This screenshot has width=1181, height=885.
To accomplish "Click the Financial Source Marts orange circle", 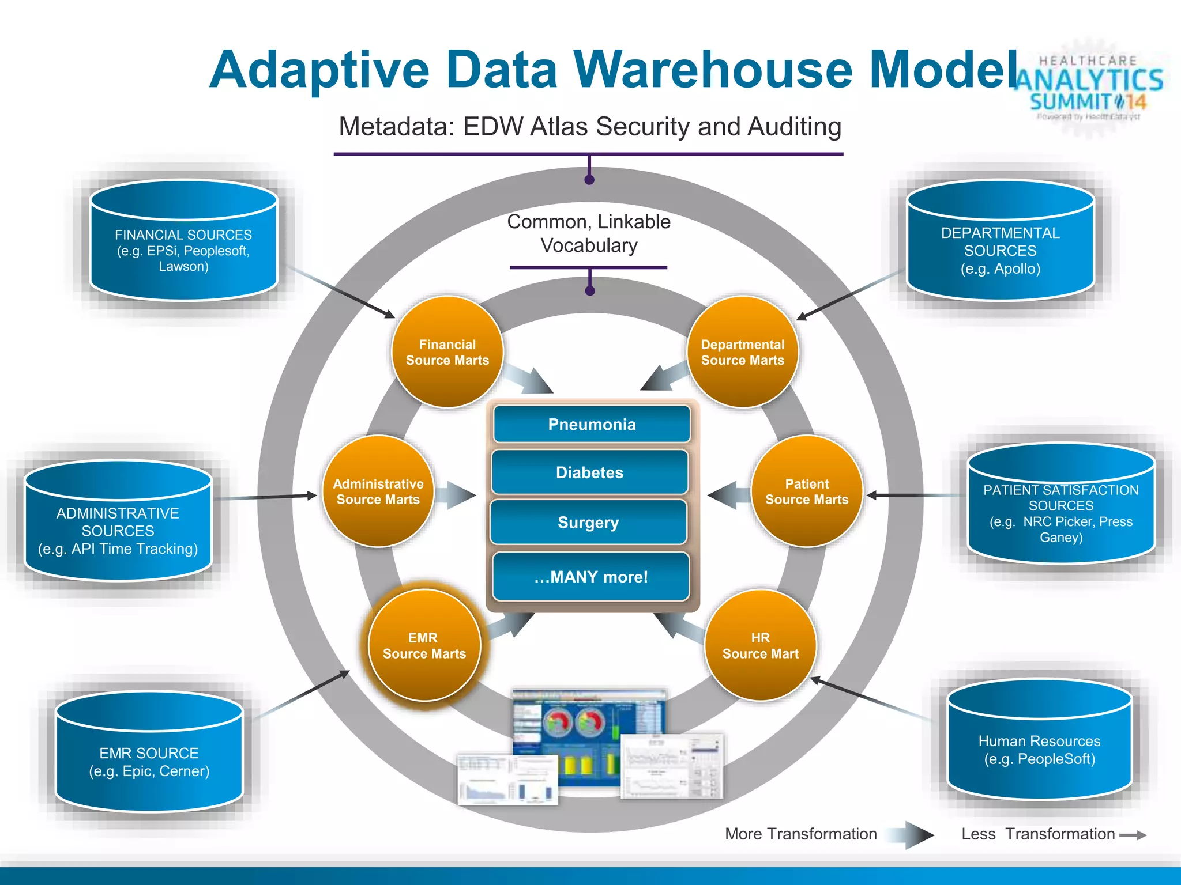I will point(447,352).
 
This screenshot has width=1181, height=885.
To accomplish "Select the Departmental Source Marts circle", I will point(742,352).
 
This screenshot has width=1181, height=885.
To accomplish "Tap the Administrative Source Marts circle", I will point(378,491).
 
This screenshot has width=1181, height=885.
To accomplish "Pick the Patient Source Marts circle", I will point(806,491).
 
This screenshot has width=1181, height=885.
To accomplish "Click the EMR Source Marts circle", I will point(424,645).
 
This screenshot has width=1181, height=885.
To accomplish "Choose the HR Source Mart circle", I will point(760,645).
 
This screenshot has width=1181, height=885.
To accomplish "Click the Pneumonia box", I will point(592,425).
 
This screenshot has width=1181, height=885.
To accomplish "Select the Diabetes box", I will point(589,472).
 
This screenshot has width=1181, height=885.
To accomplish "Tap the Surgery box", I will point(588,522).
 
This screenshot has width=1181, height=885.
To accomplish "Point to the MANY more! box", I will point(590,577).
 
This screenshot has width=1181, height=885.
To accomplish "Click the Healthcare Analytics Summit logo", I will point(1089,86).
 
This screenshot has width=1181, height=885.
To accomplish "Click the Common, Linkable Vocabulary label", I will point(589,233).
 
